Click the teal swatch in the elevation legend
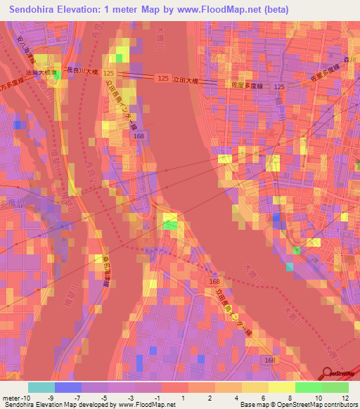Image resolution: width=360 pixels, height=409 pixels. tap(41, 387)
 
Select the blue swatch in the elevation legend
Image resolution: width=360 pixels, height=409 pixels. tap(67, 387)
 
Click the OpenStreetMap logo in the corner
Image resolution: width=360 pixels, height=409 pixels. tap(340, 374)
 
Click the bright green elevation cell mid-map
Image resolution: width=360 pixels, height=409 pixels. tap(170, 226)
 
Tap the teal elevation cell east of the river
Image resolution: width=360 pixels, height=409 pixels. tap(290, 266)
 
